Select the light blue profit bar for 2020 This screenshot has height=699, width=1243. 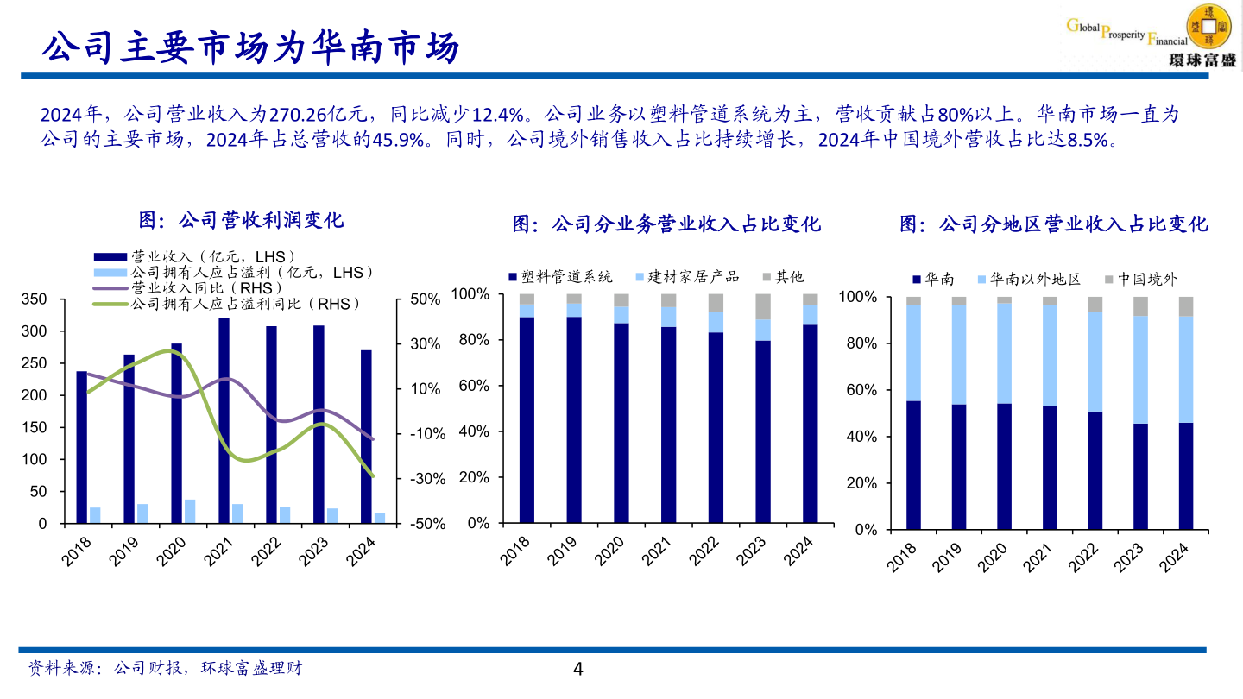[x=190, y=511]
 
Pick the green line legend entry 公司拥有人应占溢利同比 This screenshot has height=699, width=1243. [x=243, y=304]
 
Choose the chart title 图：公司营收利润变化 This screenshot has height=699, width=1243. [x=242, y=220]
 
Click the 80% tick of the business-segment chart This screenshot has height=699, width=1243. [x=473, y=340]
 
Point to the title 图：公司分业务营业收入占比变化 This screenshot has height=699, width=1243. [x=666, y=224]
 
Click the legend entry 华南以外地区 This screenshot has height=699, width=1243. [x=1034, y=279]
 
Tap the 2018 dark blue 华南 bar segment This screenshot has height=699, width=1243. [x=913, y=464]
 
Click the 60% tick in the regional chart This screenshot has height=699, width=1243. [x=861, y=390]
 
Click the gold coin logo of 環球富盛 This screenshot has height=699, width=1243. [x=1209, y=25]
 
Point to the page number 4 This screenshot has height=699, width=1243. [x=578, y=669]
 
